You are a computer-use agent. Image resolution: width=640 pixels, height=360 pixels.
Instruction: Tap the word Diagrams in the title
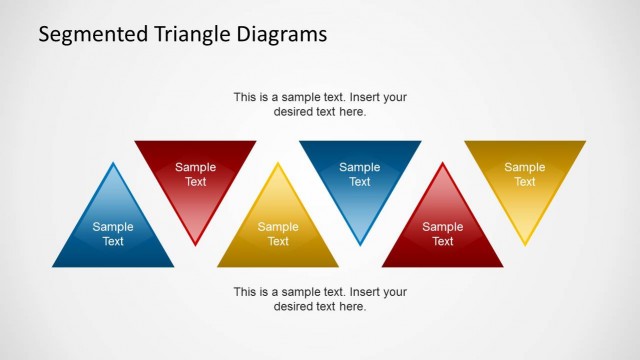(281, 35)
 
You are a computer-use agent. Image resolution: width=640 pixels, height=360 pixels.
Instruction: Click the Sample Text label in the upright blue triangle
(113, 234)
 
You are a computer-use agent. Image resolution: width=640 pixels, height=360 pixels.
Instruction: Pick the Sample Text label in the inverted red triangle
(195, 174)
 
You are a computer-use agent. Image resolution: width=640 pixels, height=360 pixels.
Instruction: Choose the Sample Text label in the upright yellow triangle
(278, 234)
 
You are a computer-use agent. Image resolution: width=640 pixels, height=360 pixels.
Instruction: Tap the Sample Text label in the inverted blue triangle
(360, 174)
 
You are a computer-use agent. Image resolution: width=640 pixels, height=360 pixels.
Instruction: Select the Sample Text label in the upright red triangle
(442, 234)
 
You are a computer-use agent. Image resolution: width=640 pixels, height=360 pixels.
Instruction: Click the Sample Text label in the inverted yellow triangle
(525, 174)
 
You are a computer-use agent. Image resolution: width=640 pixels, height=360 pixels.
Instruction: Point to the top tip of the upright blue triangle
(113, 163)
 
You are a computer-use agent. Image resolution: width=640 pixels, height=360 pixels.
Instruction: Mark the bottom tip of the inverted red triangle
(195, 245)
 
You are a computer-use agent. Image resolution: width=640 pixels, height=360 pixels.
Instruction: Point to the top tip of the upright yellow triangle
(278, 163)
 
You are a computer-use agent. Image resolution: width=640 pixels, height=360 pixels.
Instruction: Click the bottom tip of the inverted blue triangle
(360, 245)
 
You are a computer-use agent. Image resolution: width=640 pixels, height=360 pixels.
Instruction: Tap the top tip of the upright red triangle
(442, 163)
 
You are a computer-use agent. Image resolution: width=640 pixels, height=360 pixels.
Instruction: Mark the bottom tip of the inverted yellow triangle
(525, 245)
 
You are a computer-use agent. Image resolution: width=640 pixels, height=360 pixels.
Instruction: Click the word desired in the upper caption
(293, 112)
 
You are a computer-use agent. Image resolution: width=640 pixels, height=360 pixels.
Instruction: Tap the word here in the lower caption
(352, 306)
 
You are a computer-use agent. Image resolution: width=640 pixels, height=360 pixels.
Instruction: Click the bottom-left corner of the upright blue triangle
(53, 267)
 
